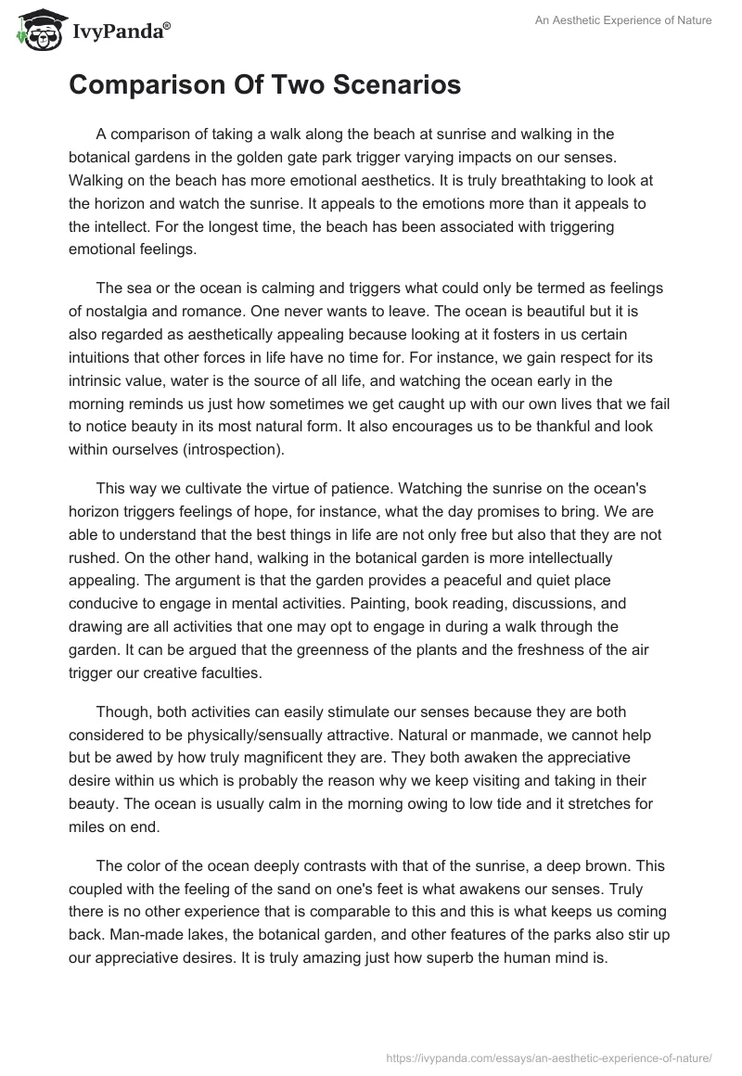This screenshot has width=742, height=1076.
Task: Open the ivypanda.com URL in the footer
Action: (x=546, y=1056)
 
